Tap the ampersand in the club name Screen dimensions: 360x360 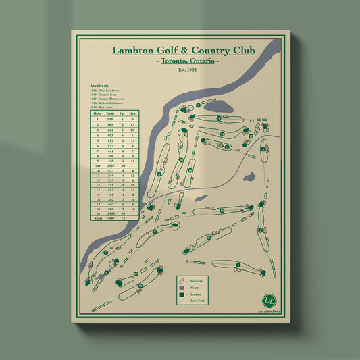click(182, 51)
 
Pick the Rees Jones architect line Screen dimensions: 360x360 click(103, 107)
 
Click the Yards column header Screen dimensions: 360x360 click(110, 113)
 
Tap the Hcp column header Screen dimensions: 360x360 click(133, 113)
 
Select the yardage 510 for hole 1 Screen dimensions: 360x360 click(110, 120)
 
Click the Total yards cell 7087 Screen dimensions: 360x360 click(110, 220)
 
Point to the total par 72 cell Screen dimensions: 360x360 click(122, 220)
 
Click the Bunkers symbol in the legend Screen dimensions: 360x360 click(181, 280)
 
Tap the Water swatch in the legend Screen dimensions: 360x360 click(181, 286)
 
